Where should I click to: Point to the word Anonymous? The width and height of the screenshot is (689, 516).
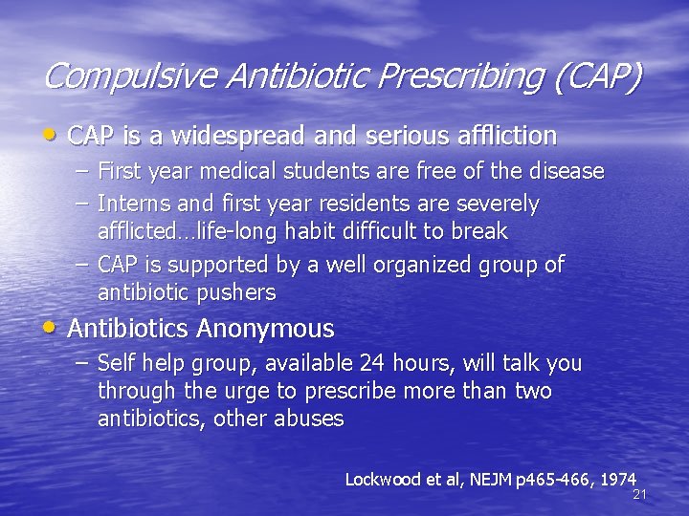(265, 330)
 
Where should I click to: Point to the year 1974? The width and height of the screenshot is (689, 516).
(618, 478)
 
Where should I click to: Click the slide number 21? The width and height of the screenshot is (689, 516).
(640, 494)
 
